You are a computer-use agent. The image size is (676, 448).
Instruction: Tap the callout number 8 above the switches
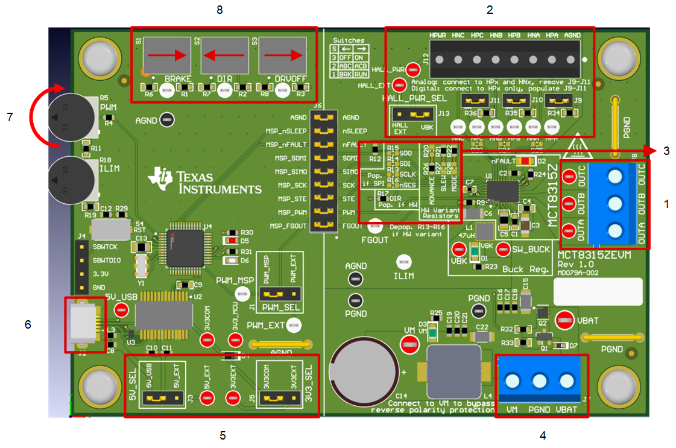(220, 10)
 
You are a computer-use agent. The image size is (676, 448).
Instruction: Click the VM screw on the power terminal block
(513, 381)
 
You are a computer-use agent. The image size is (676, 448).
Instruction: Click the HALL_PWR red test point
(412, 69)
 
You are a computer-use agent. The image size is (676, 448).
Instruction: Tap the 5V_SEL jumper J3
(161, 397)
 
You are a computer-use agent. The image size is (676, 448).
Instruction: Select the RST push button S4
(111, 229)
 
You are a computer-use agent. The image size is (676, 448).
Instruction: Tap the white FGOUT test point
(376, 226)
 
